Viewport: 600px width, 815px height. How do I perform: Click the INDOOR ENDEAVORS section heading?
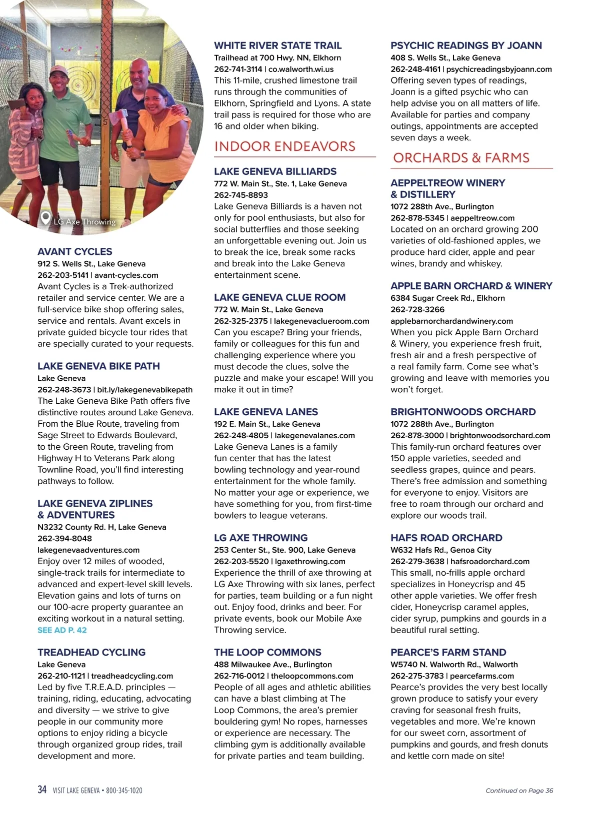point(284,146)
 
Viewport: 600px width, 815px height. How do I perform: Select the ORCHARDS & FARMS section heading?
point(461,158)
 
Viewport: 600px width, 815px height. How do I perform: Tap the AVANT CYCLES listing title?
point(75,252)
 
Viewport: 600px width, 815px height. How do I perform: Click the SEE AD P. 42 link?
point(62,630)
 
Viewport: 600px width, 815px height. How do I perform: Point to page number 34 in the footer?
point(42,790)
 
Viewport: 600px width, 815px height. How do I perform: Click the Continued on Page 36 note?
point(519,791)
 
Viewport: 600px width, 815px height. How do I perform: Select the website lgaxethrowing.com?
point(310,561)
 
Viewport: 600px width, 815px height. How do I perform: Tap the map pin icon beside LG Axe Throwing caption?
point(45,218)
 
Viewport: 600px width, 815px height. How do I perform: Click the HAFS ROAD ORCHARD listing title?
point(446,538)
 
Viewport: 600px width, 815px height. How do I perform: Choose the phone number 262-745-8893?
point(241,195)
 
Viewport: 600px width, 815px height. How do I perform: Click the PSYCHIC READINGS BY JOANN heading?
point(466,45)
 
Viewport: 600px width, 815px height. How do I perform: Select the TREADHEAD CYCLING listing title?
point(91,653)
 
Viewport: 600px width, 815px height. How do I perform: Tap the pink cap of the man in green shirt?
point(58,70)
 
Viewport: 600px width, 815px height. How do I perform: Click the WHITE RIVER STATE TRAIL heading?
point(278,45)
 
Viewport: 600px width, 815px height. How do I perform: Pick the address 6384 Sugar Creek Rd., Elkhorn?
point(447,298)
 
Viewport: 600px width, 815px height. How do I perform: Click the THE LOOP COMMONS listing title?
point(267,653)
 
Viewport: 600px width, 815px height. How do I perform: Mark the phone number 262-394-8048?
point(64,539)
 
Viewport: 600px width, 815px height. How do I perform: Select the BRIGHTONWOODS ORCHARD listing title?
point(463,412)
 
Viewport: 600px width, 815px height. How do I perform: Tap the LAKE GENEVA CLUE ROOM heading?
point(279,297)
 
